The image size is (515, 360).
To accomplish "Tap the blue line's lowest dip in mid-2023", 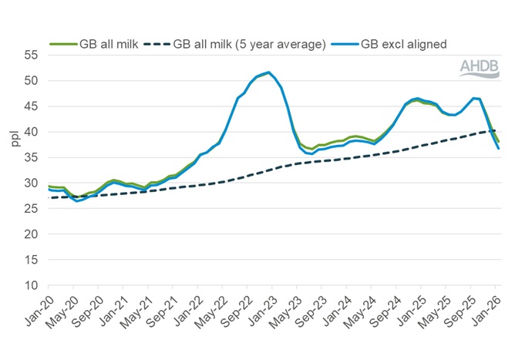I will pos(311,153).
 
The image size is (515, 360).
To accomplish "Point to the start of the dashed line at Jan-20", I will pos(49,198).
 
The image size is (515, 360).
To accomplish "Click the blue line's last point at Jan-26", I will pos(499,148).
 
